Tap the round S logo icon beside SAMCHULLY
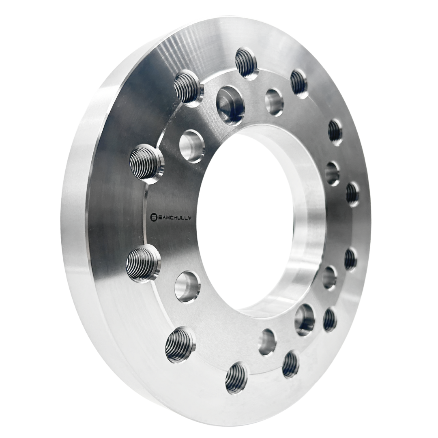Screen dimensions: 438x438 (x=154, y=218)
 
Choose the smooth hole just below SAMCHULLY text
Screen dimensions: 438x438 (x=187, y=286)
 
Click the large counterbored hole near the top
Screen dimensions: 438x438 (x=229, y=102)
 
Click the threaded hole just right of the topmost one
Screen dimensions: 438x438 (x=299, y=84)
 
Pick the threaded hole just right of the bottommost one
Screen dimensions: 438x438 (x=290, y=364)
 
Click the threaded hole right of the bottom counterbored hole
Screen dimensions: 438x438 (x=330, y=319)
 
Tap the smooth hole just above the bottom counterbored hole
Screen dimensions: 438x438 (x=330, y=277)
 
